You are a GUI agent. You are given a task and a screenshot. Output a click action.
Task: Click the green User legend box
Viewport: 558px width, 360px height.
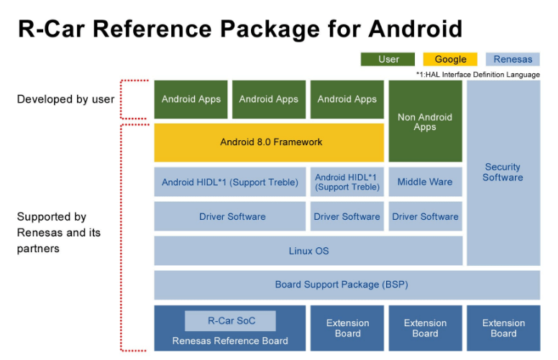[388, 59]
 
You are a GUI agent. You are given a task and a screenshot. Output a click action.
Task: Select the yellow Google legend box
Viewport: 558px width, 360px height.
[450, 59]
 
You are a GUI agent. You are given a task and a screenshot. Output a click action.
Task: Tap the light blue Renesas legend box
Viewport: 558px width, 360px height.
[513, 59]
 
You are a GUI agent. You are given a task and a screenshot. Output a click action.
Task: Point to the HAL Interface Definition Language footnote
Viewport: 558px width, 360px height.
[477, 74]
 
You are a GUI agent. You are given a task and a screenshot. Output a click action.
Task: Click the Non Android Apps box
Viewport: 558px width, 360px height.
[425, 121]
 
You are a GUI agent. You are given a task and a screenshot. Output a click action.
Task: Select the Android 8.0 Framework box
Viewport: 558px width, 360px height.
[269, 142]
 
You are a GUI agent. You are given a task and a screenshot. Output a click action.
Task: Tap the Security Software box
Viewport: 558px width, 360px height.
[503, 172]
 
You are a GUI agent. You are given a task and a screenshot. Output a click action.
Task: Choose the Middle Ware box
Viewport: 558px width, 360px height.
[425, 182]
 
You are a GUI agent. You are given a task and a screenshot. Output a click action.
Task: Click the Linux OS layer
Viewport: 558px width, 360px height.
[308, 251]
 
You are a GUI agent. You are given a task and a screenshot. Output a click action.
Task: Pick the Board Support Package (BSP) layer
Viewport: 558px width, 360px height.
[347, 285]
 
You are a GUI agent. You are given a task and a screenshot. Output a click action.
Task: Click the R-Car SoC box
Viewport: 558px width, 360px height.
[230, 320]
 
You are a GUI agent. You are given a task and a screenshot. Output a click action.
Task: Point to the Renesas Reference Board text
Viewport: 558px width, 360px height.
[230, 341]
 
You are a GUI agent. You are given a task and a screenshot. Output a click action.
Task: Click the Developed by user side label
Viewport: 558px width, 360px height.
[65, 99]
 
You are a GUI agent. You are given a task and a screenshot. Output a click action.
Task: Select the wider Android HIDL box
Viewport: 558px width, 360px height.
[230, 182]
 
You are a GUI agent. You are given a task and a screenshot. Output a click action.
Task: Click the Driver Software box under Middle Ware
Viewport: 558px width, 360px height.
[425, 216]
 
